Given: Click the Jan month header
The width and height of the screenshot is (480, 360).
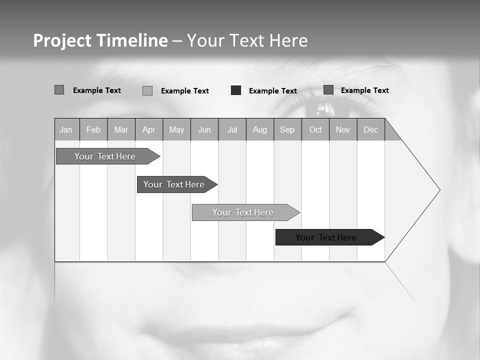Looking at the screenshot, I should tap(66, 129).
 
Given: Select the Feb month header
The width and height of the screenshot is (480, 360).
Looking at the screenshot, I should tap(93, 129).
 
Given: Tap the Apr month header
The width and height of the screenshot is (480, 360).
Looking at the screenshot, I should tap(148, 129).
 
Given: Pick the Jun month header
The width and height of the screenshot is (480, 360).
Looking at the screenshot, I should tap(204, 129).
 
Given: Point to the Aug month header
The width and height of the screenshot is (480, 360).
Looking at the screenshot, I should tap(260, 129).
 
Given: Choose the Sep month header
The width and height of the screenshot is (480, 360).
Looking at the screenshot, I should tap(287, 129).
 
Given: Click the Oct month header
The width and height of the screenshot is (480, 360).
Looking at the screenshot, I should tap(315, 129).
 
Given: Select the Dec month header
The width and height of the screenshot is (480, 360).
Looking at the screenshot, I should tap(371, 129).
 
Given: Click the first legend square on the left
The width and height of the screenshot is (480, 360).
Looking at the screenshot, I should tap(59, 90).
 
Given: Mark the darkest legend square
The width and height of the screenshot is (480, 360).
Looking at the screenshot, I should tap(236, 90).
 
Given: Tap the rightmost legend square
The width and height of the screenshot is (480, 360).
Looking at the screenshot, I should tap(328, 90).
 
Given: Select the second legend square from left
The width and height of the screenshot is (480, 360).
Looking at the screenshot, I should tap(147, 90).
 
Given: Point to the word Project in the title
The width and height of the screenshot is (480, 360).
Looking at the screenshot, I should tap(62, 40).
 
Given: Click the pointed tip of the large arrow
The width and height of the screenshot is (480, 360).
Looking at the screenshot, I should tap(438, 190).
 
